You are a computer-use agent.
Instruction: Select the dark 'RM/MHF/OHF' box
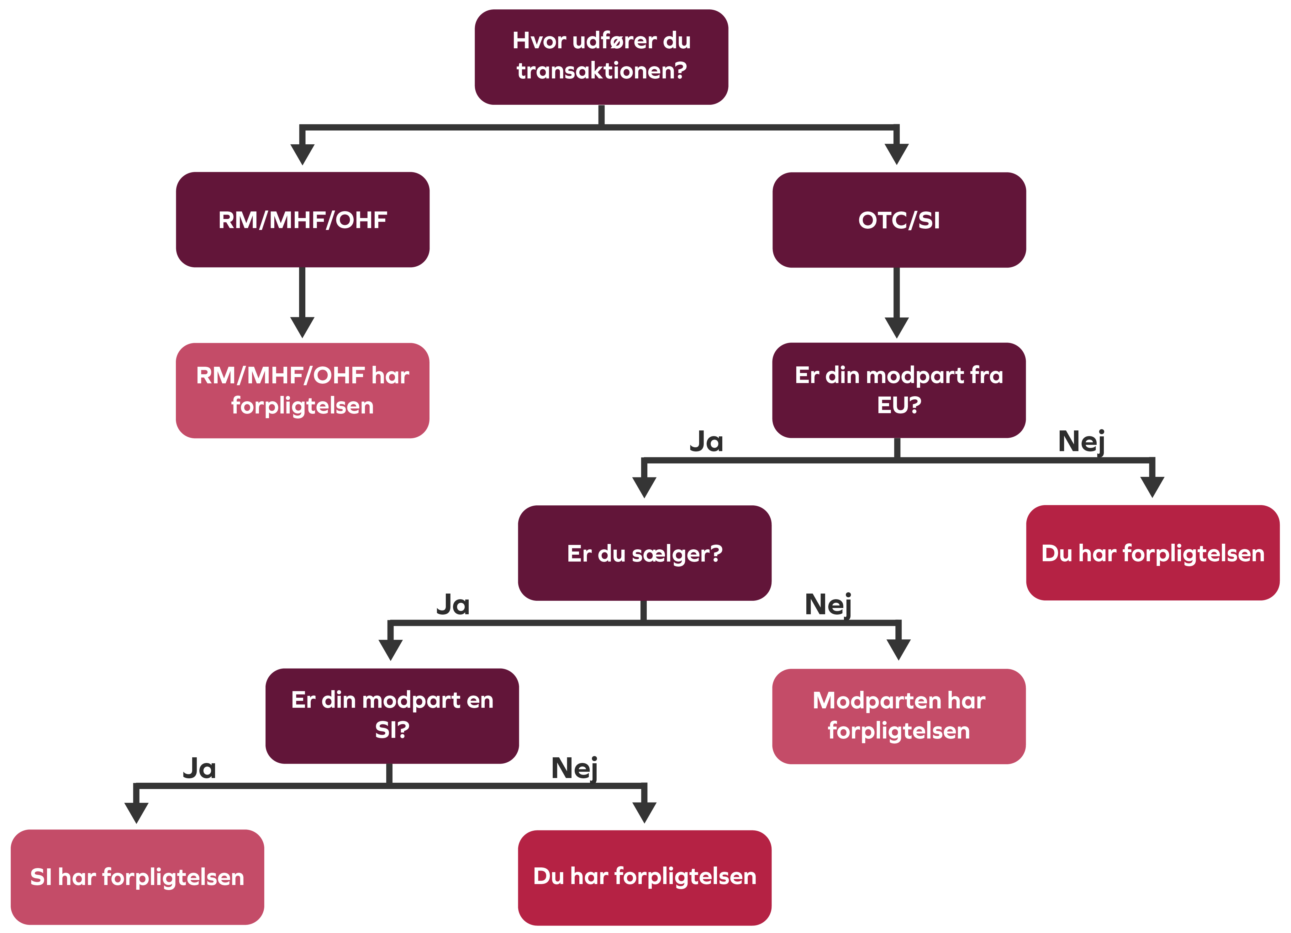[302, 220]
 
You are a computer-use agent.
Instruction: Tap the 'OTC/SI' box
[899, 220]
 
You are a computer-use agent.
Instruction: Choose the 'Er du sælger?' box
[644, 553]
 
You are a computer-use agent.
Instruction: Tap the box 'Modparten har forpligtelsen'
[899, 716]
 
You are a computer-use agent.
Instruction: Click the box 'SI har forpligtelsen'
[137, 877]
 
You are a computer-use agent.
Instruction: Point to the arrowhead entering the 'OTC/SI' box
[897, 154]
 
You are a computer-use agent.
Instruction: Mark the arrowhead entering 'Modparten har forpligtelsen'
[898, 649]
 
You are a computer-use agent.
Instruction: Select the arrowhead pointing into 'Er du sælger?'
[644, 487]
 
